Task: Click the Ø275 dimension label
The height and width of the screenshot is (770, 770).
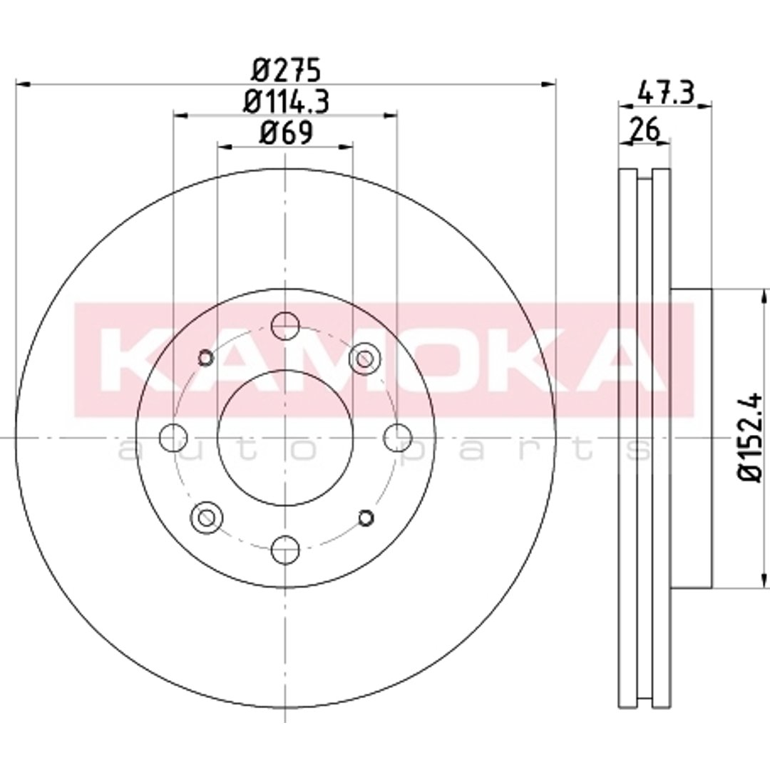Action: point(287,71)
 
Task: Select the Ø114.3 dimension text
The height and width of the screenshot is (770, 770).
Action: point(287,102)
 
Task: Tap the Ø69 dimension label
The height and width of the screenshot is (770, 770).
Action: point(287,132)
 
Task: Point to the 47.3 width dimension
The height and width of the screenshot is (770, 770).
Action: point(665,93)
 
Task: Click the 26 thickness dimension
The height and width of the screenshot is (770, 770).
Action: point(645,130)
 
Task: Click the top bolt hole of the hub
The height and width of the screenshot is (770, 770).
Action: point(285,326)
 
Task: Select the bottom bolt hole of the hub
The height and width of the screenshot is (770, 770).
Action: point(285,550)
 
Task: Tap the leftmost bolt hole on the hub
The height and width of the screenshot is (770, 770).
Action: point(173,438)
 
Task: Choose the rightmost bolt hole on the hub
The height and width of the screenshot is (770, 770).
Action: point(397,438)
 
